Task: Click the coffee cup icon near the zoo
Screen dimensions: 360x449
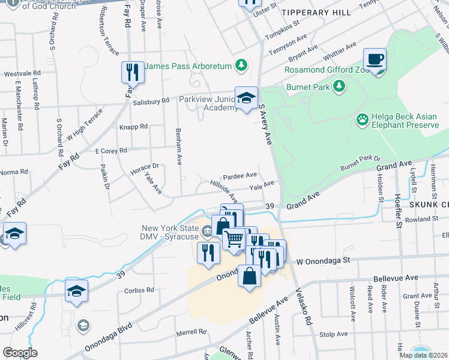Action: point(375,59)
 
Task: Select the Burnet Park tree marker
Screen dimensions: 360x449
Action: point(340,87)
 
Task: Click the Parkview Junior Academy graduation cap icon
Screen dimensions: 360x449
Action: point(246,98)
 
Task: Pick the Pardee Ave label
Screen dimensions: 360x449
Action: point(240,175)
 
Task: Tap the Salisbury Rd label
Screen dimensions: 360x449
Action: point(148,101)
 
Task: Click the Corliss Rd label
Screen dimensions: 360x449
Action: point(139,290)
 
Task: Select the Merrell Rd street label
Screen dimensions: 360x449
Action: point(191,331)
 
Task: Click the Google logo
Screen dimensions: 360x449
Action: point(20,353)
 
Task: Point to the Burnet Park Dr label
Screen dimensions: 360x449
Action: point(361,162)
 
